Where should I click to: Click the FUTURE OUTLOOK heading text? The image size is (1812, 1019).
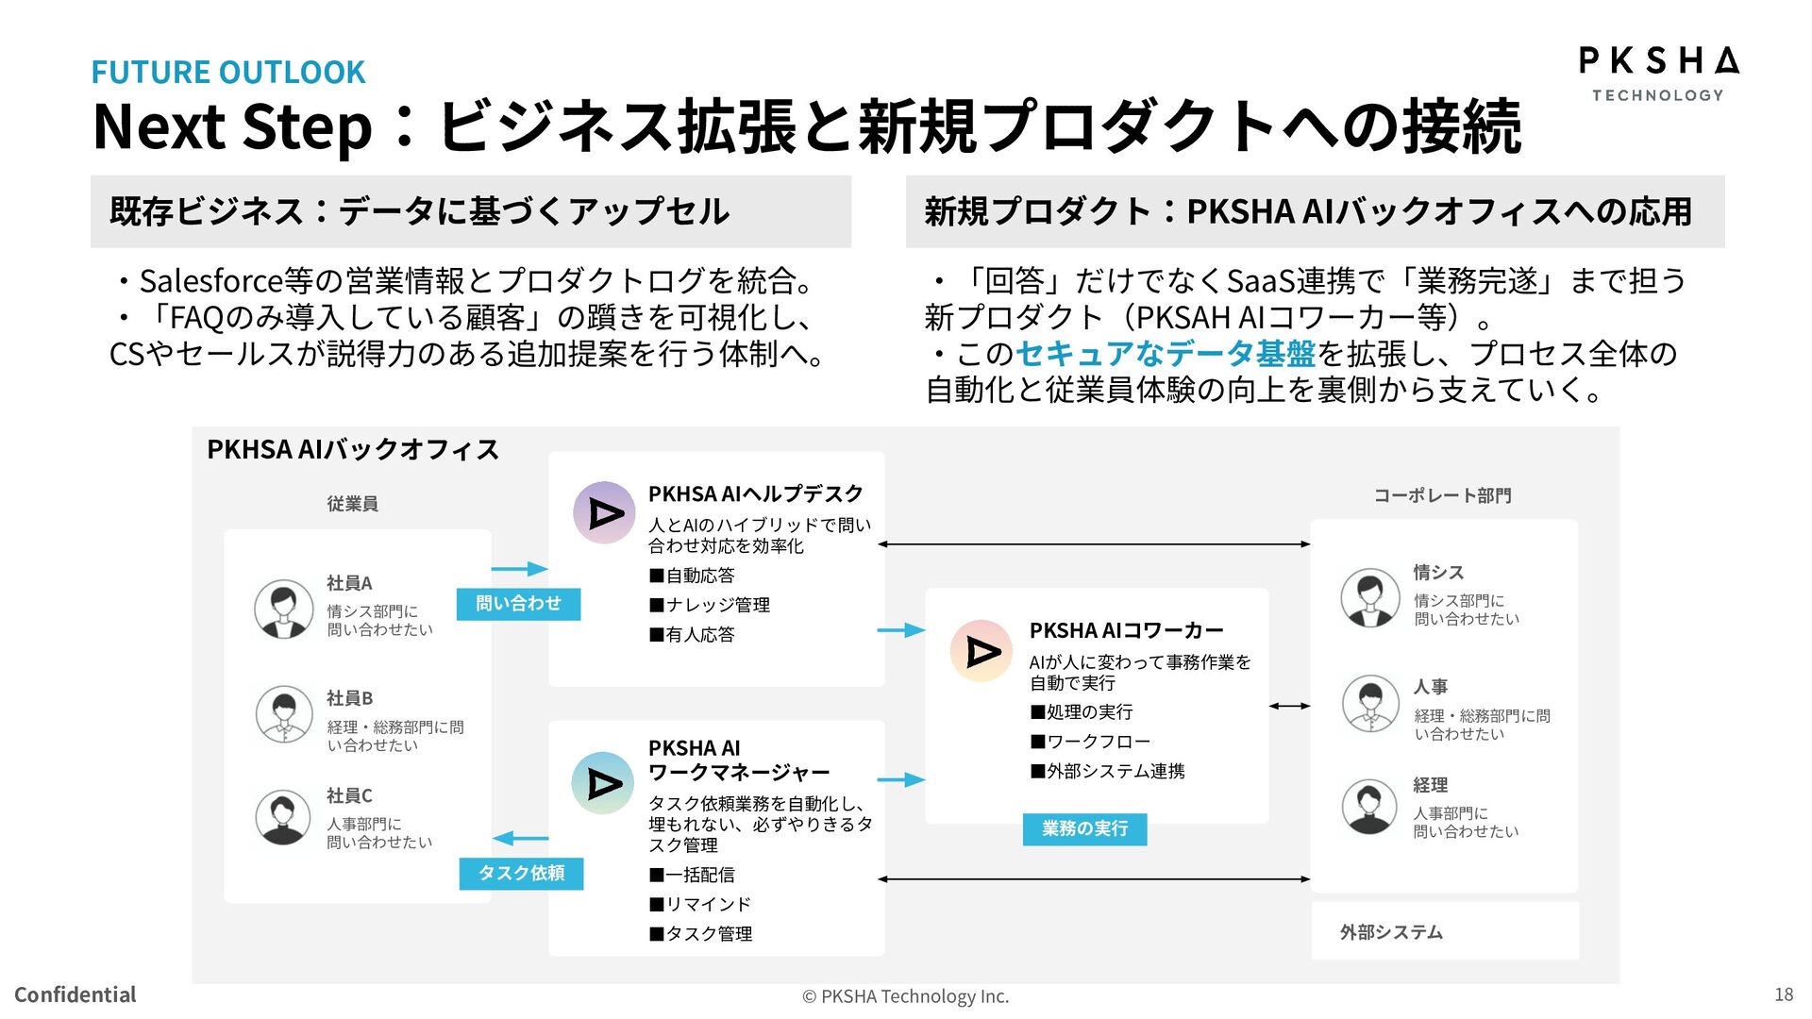pyautogui.click(x=227, y=73)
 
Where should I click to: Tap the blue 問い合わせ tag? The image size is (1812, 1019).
pyautogui.click(x=518, y=604)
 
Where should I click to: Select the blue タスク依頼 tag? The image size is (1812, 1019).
pyautogui.click(x=521, y=874)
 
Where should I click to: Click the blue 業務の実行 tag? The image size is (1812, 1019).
pyautogui.click(x=1084, y=829)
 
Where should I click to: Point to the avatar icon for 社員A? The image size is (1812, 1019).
pyautogui.click(x=283, y=609)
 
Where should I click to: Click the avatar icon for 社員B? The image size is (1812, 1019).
pyautogui.click(x=283, y=714)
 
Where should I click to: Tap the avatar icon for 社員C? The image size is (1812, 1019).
pyautogui.click(x=282, y=817)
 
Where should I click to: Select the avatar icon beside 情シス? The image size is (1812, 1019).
pyautogui.click(x=1369, y=597)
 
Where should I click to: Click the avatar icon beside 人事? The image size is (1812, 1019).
pyautogui.click(x=1369, y=704)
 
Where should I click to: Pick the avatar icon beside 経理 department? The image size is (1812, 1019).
pyautogui.click(x=1368, y=807)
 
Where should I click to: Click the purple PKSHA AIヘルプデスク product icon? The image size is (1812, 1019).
pyautogui.click(x=604, y=512)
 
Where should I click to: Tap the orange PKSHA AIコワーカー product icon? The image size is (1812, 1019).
pyautogui.click(x=981, y=651)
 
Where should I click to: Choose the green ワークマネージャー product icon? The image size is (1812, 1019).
pyautogui.click(x=603, y=783)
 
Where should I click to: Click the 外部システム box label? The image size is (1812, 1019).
pyautogui.click(x=1391, y=932)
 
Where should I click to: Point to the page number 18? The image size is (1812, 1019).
pyautogui.click(x=1783, y=994)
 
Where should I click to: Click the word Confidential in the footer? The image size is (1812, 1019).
pyautogui.click(x=75, y=994)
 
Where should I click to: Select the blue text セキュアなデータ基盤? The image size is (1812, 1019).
pyautogui.click(x=1165, y=354)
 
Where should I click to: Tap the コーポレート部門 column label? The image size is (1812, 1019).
pyautogui.click(x=1442, y=495)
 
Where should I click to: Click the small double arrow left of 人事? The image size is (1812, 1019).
pyautogui.click(x=1289, y=706)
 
